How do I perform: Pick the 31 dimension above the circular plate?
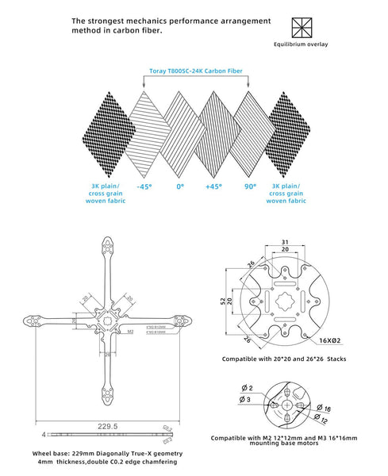pyautogui.click(x=283, y=243)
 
